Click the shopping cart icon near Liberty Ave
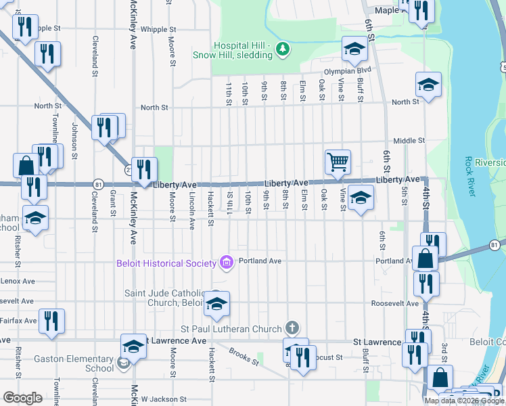pos(337,161)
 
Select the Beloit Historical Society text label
pos(166,263)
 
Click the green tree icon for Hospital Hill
pos(283,48)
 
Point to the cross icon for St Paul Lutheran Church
pos(292,329)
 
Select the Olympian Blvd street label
pos(348,70)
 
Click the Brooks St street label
pos(244,357)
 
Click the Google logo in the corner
pos(22,398)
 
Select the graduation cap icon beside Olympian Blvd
pos(353,49)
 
